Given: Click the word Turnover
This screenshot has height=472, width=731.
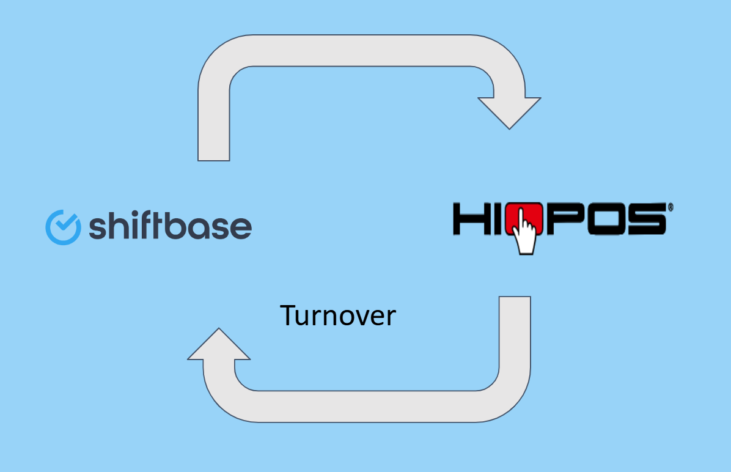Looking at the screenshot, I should [x=338, y=315].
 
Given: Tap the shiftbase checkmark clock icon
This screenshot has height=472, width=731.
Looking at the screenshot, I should [x=63, y=227].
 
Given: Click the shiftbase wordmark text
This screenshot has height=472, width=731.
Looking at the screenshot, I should [x=170, y=226].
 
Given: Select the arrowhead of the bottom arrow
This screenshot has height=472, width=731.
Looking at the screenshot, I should [x=219, y=344].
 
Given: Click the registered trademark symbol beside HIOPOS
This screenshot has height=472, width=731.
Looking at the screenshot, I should [x=670, y=208].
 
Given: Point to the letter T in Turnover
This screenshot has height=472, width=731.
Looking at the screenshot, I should [x=288, y=315].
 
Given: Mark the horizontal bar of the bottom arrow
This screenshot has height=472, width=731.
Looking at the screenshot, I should [x=367, y=406].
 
